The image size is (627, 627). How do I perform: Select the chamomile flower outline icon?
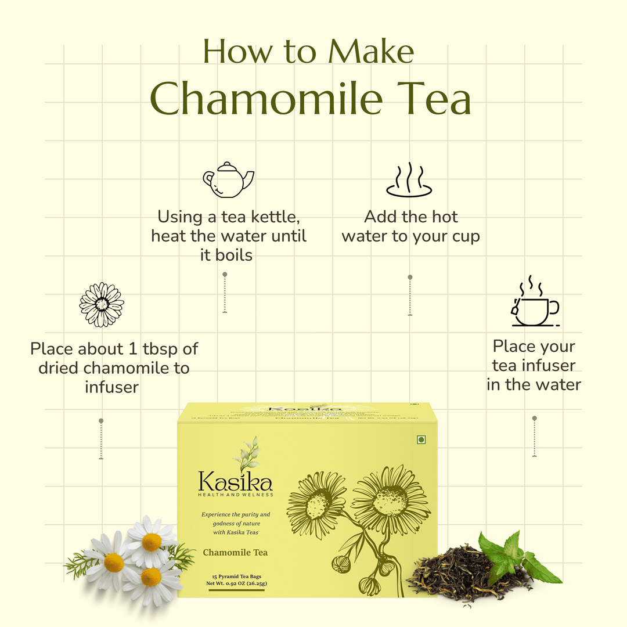102,304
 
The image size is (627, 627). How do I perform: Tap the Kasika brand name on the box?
235,481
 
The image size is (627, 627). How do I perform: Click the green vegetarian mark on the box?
421,440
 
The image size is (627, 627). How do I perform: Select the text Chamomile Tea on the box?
235,553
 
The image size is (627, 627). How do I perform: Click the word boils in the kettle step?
226,255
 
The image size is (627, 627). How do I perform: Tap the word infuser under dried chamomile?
111,387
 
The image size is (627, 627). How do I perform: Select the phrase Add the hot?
410,217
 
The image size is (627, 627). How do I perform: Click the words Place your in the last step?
534,347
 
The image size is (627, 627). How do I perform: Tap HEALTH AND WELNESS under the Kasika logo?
235,494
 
